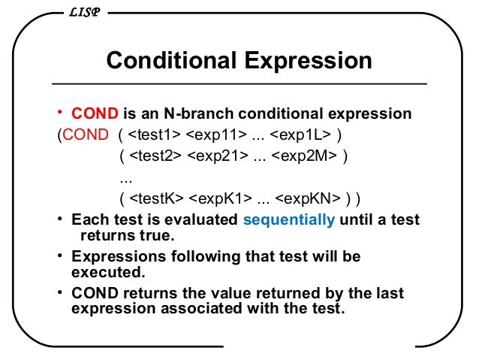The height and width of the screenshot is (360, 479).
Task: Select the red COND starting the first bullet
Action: (x=95, y=114)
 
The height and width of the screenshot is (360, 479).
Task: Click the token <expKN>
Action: (x=309, y=199)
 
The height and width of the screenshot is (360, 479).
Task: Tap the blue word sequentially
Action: (x=289, y=220)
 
